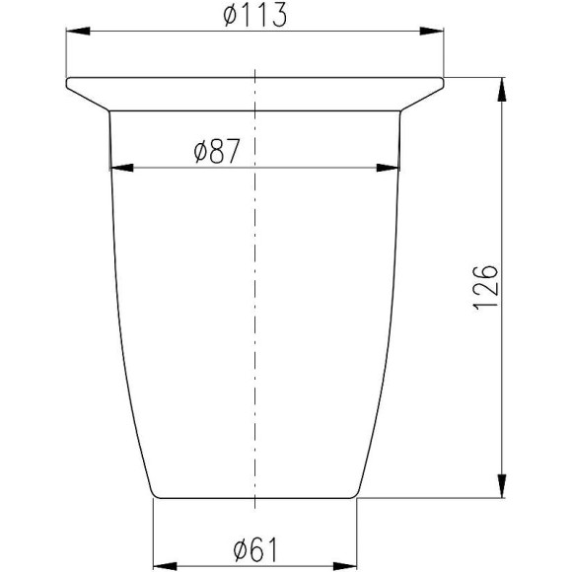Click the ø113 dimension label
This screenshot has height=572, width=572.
(255, 16)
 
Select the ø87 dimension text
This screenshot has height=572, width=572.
(217, 151)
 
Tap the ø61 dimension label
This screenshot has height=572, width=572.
(255, 549)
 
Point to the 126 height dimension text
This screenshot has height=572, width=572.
(485, 287)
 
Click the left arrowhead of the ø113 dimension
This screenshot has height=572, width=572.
(78, 31)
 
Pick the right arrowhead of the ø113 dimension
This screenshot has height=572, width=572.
(432, 31)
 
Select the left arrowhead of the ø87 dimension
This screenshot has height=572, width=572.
(122, 168)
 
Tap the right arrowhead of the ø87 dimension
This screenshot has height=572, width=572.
(388, 168)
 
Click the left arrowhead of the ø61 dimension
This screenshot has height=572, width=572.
(165, 566)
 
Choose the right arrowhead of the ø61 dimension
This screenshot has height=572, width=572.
(345, 566)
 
